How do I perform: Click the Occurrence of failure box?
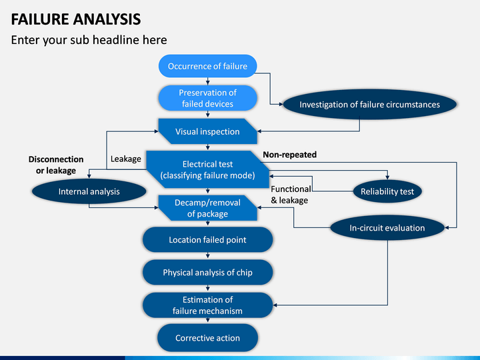click(207, 66)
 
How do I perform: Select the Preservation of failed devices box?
click(207, 98)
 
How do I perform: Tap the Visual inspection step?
click(207, 131)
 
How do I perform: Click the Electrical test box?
click(207, 169)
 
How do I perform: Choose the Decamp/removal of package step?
click(207, 208)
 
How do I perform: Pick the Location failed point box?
click(207, 240)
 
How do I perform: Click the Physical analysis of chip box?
click(207, 273)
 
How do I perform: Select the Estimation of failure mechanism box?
click(207, 305)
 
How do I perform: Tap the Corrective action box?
click(207, 338)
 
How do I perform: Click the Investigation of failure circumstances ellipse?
click(370, 105)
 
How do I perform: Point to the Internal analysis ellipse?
click(89, 191)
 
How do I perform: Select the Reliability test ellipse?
click(387, 191)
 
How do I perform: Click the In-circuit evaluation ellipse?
click(387, 228)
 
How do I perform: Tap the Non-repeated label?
click(289, 155)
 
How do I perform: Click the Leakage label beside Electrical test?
click(126, 159)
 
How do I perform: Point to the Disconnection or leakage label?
click(56, 165)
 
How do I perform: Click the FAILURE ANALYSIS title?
click(76, 19)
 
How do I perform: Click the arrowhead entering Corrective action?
click(207, 320)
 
